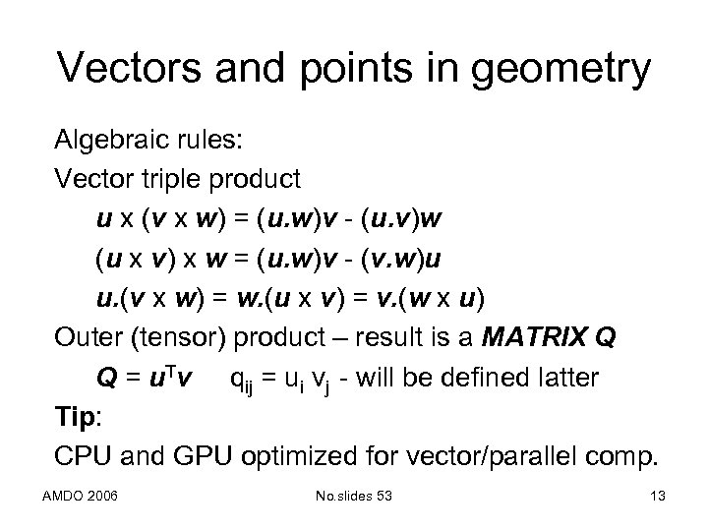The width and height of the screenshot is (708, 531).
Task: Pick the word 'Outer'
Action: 91,337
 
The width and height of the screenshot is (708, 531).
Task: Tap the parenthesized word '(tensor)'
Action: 181,337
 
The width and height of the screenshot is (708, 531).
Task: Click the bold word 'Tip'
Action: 72,416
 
